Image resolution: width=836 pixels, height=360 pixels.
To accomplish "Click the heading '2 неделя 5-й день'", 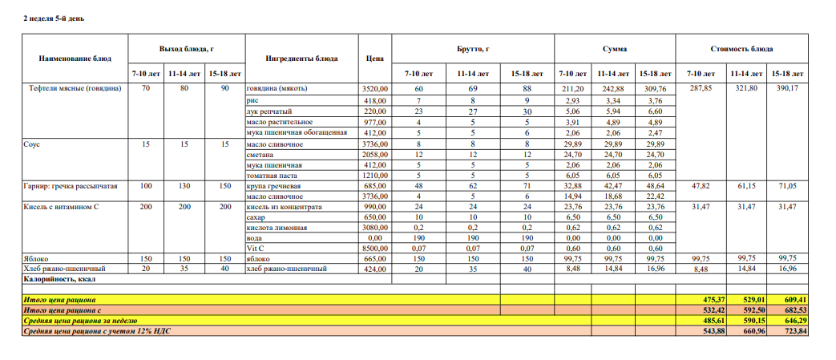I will (54, 18).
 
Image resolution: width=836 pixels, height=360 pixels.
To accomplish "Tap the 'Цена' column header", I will (374, 58).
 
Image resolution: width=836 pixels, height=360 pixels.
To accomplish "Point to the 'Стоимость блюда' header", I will (741, 49).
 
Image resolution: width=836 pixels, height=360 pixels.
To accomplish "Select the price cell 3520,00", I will (374, 88).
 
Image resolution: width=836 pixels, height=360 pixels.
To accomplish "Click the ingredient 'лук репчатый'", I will (269, 111).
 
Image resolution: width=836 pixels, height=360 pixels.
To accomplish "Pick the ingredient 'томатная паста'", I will (272, 175).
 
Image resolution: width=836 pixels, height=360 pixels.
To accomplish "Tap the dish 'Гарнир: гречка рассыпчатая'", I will (71, 185).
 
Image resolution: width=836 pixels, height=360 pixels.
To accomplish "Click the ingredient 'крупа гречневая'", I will (274, 185).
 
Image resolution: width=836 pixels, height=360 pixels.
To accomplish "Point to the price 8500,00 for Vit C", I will (374, 249).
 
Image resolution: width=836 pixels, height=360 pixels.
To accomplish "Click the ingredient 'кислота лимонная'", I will (277, 228).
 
